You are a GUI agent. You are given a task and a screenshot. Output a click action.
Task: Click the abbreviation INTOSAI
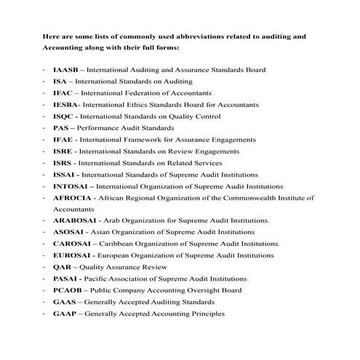coord(69,186)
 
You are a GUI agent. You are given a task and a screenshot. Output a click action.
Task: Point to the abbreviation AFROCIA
coord(71,198)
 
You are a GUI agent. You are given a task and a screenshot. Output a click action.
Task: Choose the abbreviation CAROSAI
coord(71,244)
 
